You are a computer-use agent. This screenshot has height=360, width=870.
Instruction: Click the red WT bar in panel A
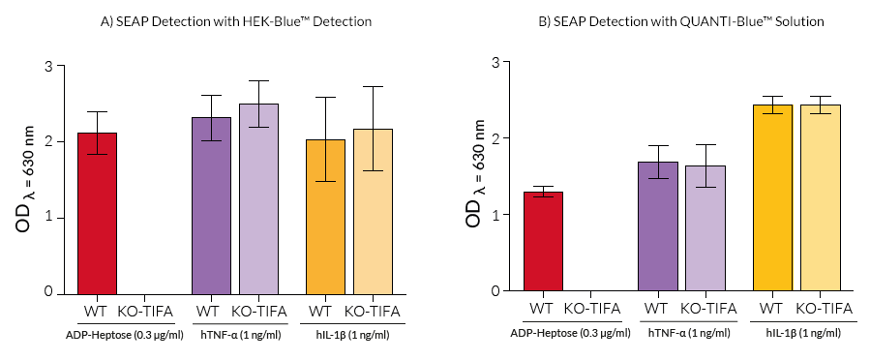tap(96, 213)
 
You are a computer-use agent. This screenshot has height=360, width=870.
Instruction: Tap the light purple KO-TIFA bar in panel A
tap(258, 198)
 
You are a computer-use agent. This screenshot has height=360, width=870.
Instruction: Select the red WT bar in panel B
tap(542, 241)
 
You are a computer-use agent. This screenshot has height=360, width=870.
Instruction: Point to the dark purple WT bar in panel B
tap(657, 226)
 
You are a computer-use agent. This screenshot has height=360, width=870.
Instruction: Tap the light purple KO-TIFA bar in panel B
tap(705, 228)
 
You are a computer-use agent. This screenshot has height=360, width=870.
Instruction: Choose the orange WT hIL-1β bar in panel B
tap(771, 197)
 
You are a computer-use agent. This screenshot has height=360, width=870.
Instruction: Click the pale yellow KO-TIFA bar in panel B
tap(819, 197)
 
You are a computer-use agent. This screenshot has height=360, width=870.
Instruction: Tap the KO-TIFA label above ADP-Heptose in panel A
tap(144, 312)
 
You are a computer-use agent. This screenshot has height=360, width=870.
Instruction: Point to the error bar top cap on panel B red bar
tap(542, 186)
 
